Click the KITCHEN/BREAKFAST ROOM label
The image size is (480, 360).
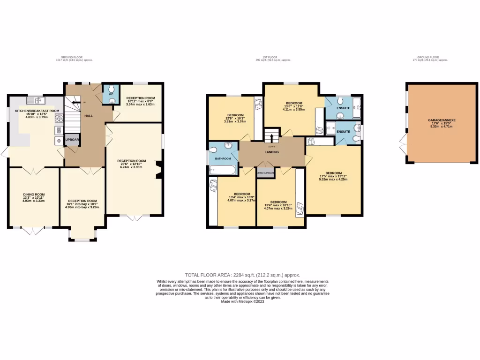point(37,111)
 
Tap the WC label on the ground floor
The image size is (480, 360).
point(111,94)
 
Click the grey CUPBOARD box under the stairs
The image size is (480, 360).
point(72,140)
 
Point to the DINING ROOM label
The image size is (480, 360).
point(34,194)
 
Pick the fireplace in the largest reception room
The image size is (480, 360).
point(158,170)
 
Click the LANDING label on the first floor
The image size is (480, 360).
point(271,152)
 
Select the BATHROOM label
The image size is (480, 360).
point(223,158)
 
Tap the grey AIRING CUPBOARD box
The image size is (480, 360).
point(265,172)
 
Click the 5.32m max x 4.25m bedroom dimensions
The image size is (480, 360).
point(333,179)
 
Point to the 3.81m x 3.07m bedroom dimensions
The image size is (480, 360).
point(235,121)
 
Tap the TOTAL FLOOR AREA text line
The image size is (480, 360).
point(242,275)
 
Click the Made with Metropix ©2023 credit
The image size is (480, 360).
point(242,301)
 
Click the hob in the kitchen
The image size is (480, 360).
point(60,118)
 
